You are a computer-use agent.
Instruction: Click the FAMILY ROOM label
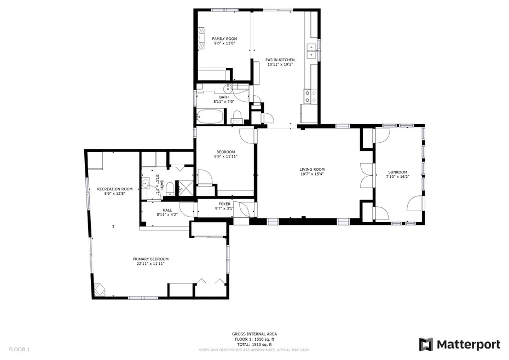pyautogui.click(x=224, y=39)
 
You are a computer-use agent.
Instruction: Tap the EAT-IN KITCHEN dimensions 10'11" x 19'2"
pyautogui.click(x=280, y=65)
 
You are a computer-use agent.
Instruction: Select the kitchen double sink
pyautogui.click(x=313, y=51)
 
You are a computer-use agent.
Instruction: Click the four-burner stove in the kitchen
pyautogui.click(x=310, y=97)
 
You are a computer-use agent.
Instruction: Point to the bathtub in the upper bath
pyautogui.click(x=211, y=116)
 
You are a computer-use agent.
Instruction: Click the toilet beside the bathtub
pyautogui.click(x=237, y=117)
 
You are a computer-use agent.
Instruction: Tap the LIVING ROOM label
pyautogui.click(x=312, y=170)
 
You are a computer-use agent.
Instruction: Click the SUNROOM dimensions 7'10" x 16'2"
pyautogui.click(x=398, y=177)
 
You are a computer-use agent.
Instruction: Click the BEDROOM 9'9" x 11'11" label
pyautogui.click(x=225, y=154)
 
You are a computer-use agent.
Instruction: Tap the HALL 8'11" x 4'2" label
pyautogui.click(x=167, y=212)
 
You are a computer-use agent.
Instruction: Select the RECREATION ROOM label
pyautogui.click(x=115, y=189)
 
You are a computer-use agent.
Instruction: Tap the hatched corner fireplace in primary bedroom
pyautogui.click(x=99, y=289)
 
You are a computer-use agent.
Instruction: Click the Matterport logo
pyautogui.click(x=460, y=344)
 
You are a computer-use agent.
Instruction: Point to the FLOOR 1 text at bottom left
pyautogui.click(x=19, y=349)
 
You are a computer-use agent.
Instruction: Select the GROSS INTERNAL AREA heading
pyautogui.click(x=255, y=334)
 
